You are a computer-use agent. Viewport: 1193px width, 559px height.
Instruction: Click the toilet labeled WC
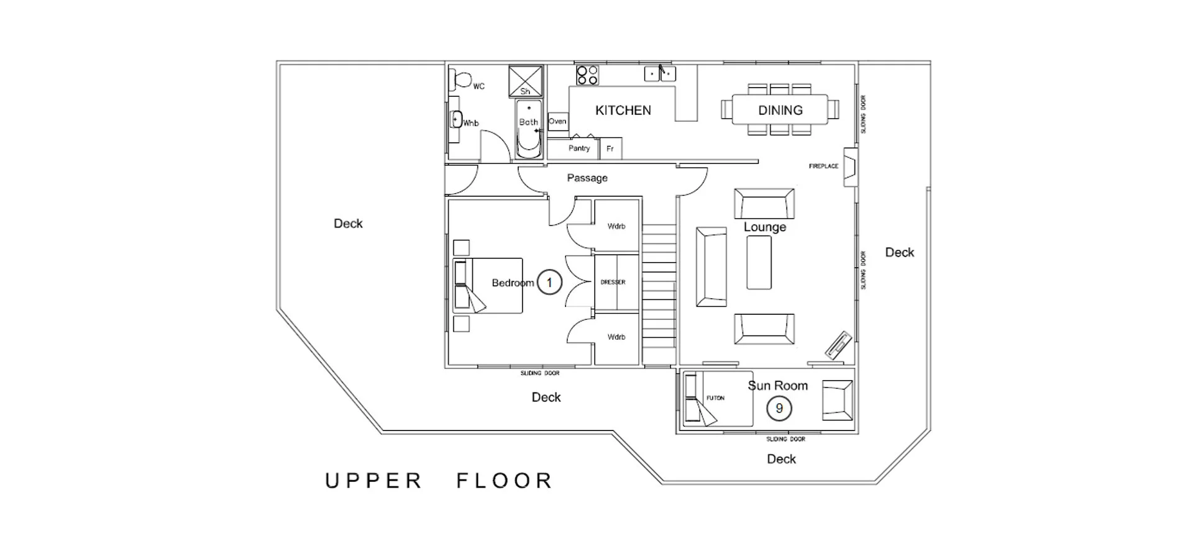[x=462, y=80]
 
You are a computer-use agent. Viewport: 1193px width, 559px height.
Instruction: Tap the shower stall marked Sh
[x=525, y=81]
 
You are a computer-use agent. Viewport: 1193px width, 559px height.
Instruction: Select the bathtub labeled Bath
[x=529, y=129]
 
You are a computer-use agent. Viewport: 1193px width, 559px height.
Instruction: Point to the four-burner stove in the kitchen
[x=587, y=75]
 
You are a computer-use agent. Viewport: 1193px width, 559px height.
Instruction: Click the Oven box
[x=557, y=121]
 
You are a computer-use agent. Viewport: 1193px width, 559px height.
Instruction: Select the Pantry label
[x=578, y=148]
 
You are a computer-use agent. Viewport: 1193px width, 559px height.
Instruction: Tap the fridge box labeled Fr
[x=610, y=148]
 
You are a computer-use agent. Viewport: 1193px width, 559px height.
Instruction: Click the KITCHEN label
[x=623, y=111]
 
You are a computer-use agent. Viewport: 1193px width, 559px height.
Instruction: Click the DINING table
[x=780, y=110]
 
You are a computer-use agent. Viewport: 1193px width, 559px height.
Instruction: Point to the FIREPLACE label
[x=823, y=166]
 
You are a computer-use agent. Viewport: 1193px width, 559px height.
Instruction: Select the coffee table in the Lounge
[x=759, y=262]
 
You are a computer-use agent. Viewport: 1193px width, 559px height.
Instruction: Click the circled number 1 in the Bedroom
[x=549, y=283]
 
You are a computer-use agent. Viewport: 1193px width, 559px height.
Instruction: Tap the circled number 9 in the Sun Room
[x=779, y=409]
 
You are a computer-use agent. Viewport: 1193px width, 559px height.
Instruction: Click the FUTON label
[x=715, y=398]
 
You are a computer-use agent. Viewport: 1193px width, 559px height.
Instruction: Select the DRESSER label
[x=613, y=282]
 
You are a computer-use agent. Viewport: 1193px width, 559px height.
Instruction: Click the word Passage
[x=587, y=178]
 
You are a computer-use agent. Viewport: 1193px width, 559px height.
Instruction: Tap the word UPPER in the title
[x=373, y=481]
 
